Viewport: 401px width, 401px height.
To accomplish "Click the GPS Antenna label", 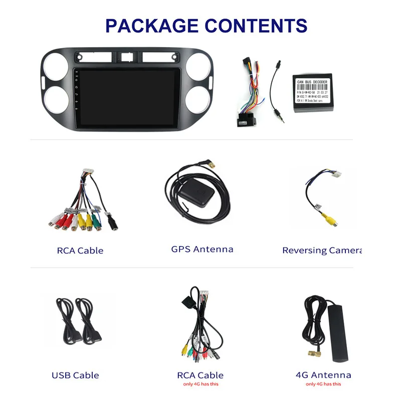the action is click(x=202, y=249).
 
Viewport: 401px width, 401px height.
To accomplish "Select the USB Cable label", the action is click(x=75, y=375).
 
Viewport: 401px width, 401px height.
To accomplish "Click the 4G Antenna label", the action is click(x=323, y=375).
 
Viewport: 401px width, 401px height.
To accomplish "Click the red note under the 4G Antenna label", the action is click(x=323, y=384).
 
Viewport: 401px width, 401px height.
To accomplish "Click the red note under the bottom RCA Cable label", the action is click(x=200, y=384).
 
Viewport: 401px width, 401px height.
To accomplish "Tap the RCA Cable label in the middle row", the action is click(x=80, y=250).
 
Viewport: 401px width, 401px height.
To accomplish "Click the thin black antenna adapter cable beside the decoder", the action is click(x=274, y=90).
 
